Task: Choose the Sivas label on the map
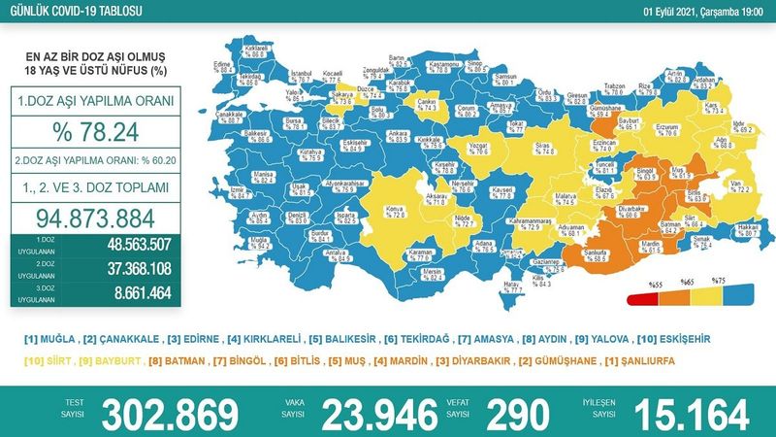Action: [519, 148]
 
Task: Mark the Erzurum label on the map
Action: [639, 127]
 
